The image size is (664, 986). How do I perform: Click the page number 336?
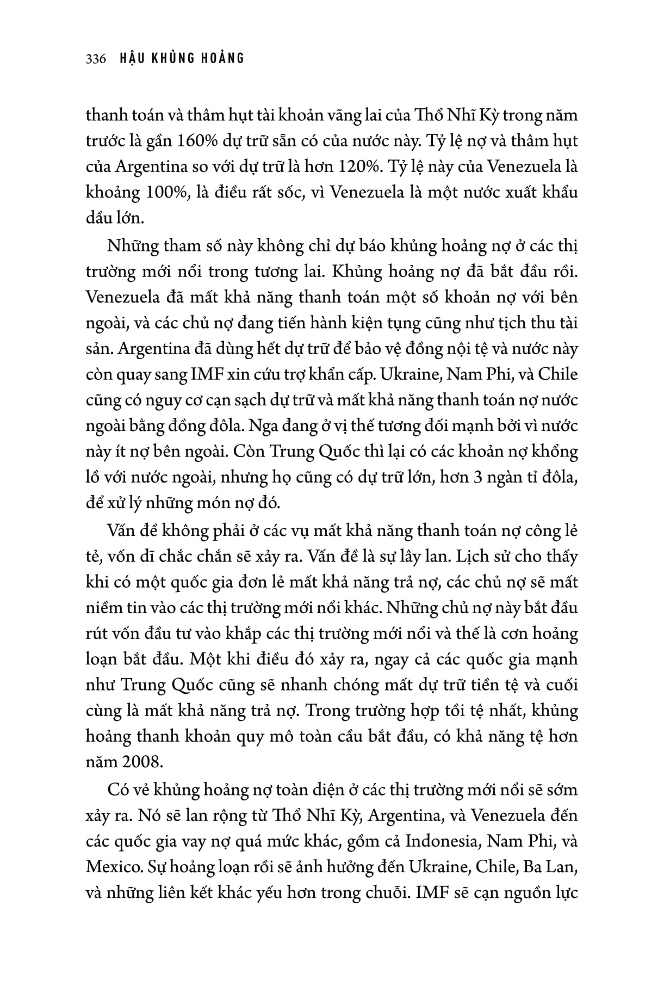pyautogui.click(x=96, y=58)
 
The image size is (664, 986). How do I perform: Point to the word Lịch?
pyautogui.click(x=470, y=557)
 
